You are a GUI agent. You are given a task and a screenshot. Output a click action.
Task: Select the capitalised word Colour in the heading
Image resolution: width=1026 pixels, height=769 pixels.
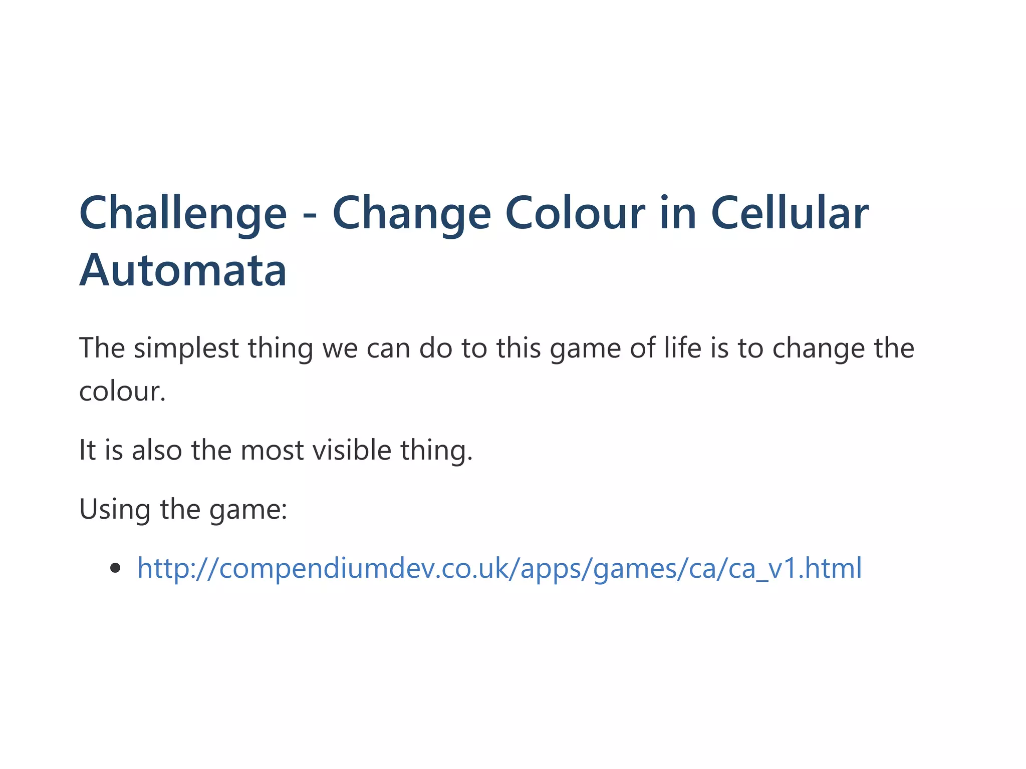click(x=575, y=213)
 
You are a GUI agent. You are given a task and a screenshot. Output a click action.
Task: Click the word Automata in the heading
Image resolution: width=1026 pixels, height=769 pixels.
click(x=183, y=270)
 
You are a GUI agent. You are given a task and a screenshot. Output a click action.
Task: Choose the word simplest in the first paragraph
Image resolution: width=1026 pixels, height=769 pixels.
click(x=186, y=348)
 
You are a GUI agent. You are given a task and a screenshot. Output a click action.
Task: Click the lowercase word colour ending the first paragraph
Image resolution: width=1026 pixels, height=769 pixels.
click(x=122, y=391)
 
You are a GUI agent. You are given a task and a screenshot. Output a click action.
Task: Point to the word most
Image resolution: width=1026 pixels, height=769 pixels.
click(x=272, y=450)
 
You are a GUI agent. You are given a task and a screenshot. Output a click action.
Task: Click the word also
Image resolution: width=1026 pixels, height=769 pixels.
click(x=157, y=450)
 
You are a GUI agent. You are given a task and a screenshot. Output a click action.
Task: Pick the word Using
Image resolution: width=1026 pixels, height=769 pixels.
click(x=115, y=510)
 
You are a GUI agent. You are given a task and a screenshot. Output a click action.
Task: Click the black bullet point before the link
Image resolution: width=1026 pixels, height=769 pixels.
click(x=116, y=568)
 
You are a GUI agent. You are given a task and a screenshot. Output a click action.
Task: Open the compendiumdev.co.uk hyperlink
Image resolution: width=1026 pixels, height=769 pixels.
click(x=499, y=568)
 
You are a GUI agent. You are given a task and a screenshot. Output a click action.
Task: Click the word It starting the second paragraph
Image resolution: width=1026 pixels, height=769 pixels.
click(x=87, y=450)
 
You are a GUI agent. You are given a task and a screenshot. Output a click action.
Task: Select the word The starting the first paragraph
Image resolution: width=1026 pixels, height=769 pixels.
click(x=102, y=347)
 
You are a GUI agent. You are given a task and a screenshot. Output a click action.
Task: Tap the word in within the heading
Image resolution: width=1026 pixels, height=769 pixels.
click(x=677, y=213)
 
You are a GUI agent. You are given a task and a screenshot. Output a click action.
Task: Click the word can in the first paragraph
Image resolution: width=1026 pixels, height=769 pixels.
click(x=388, y=348)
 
